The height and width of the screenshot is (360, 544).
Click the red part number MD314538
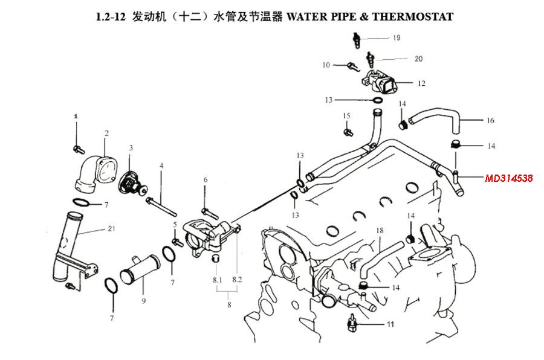pos(508,178)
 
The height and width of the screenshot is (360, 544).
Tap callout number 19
pos(397,38)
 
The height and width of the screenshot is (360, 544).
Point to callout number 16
pos(490,121)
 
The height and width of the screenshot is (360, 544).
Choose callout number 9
pos(143,301)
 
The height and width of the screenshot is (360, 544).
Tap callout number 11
pos(390,324)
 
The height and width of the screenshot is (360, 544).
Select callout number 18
pos(380,231)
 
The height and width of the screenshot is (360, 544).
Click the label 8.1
pos(217,280)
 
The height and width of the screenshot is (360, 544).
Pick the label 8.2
pos(237,280)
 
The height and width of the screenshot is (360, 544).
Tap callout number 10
pos(326,65)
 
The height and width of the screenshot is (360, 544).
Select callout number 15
pos(346,115)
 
